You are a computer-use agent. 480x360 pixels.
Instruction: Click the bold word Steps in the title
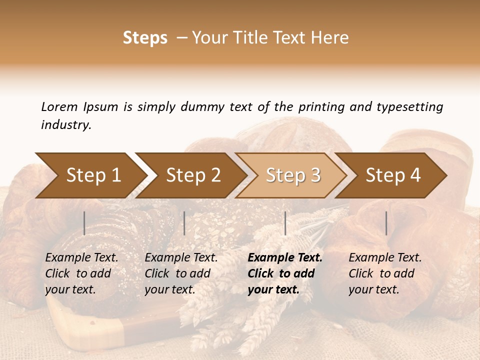(145, 38)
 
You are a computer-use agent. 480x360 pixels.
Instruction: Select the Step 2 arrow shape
(193, 175)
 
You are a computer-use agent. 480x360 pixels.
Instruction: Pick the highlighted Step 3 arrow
(293, 175)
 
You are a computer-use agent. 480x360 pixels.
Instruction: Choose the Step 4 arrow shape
(393, 175)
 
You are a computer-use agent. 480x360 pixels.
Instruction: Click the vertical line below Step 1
(84, 223)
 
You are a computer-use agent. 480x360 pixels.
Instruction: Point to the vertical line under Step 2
(184, 223)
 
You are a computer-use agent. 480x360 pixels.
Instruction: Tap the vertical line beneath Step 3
(285, 223)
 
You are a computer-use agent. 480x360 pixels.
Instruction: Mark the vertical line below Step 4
(386, 223)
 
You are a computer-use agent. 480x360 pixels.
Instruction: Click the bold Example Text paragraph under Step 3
(285, 273)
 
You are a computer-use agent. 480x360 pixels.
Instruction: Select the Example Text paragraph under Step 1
(82, 273)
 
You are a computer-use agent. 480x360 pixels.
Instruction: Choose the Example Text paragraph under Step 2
(181, 273)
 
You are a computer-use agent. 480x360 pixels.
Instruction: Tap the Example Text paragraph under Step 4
(385, 273)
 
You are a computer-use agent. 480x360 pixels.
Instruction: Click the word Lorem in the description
(59, 106)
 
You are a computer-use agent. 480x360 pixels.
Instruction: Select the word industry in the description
(65, 125)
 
